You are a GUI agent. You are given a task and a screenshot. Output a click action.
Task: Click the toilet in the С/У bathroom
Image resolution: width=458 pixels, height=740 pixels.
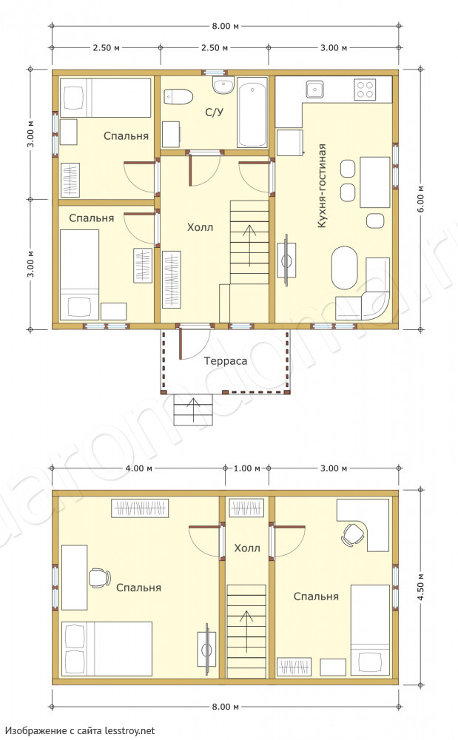coord(178,97)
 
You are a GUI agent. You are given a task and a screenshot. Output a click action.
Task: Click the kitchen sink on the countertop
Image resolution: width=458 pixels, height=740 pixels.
coord(314,89)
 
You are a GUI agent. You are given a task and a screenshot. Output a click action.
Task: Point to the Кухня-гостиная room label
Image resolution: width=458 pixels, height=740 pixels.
coord(322,186)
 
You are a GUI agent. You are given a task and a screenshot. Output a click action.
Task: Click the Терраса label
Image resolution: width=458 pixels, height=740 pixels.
coord(226,361)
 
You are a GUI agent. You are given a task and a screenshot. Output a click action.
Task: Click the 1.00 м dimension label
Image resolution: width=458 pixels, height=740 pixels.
coord(247,468)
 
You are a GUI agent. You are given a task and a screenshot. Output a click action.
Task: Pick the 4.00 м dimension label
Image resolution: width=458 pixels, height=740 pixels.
coord(138,468)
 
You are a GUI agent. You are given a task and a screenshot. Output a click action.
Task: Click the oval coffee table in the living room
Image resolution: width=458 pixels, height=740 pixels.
coord(344,268)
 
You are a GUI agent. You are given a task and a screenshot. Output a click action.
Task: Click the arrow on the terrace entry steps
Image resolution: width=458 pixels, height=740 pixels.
coord(192,410)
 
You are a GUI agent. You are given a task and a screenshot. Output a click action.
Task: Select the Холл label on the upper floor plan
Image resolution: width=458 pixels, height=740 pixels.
coord(247,548)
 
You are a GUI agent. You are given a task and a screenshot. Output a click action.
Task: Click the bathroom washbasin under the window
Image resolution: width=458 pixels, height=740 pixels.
coord(223,85)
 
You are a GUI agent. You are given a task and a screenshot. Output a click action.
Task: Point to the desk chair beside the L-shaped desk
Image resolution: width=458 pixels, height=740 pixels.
coord(353,535)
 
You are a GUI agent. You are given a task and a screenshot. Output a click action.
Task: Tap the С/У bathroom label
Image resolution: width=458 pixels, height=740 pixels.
coord(214,112)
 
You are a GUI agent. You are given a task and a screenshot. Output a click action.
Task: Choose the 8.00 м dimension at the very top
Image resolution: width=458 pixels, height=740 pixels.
coord(226,26)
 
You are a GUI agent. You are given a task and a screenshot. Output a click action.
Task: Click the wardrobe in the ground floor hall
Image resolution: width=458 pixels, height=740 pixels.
coord(171,279)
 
